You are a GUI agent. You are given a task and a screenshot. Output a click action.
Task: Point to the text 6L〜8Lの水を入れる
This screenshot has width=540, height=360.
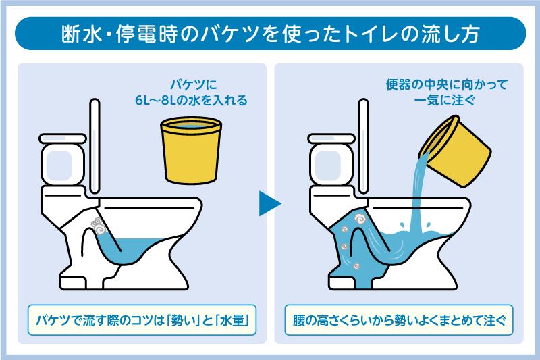click(191, 101)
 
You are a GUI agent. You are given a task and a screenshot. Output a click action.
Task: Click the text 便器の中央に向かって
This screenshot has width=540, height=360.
click(446, 85)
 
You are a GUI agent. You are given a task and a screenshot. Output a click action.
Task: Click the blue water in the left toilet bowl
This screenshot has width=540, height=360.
click(145, 243)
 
